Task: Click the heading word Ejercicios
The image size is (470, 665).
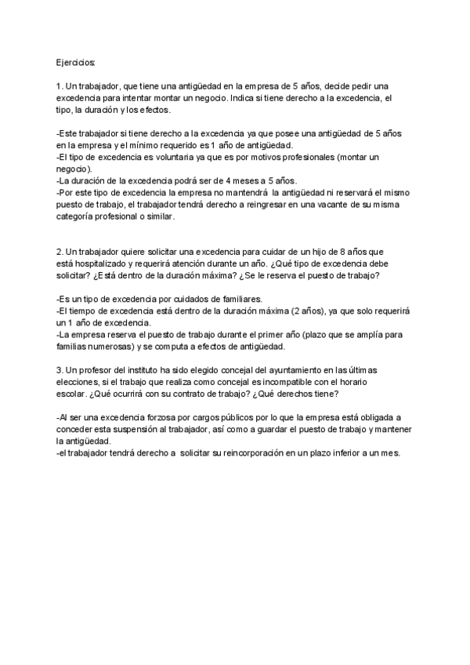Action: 76,61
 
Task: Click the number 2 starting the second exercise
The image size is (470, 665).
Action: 60,251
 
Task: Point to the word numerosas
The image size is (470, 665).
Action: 107,346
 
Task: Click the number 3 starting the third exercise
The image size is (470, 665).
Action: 60,369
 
